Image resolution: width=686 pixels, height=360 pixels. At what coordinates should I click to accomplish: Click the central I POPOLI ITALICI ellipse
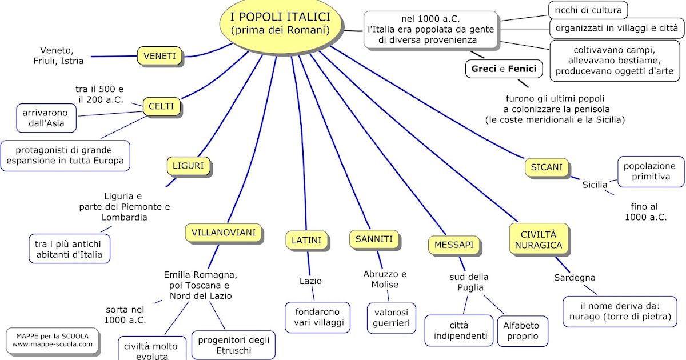(x=281, y=23)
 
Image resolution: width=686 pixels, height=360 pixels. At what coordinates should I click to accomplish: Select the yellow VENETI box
(x=160, y=56)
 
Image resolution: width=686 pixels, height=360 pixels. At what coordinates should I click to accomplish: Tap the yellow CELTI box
(x=161, y=106)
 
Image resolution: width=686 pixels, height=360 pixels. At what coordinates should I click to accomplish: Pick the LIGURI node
(x=188, y=166)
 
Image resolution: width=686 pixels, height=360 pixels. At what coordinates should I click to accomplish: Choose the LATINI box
(x=306, y=240)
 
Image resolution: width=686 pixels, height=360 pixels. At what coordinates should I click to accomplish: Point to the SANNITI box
(x=374, y=239)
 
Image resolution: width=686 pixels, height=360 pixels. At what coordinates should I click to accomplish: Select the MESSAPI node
(x=453, y=245)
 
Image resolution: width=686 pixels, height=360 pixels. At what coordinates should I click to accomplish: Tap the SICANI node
(x=547, y=167)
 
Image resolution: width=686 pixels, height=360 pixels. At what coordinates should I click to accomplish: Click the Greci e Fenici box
(x=504, y=69)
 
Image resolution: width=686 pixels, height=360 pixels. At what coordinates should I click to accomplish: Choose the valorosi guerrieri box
(x=392, y=318)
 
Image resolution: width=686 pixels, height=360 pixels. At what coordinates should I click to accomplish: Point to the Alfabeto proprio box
(x=521, y=330)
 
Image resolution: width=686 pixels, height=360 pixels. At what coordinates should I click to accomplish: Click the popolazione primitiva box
(x=651, y=171)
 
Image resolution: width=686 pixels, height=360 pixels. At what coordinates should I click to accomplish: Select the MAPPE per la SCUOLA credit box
(x=52, y=340)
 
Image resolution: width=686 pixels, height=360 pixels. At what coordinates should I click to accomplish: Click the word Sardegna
(x=575, y=278)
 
